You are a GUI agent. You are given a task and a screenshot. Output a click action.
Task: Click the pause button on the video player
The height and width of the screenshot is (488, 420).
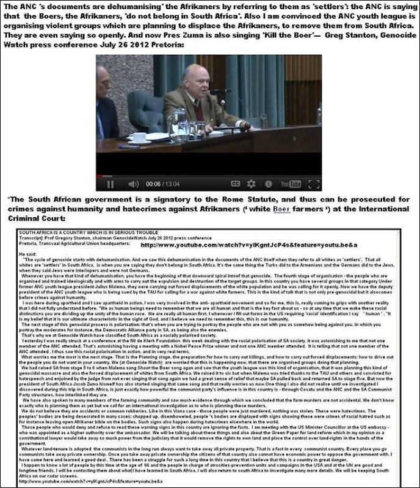coord(110,182)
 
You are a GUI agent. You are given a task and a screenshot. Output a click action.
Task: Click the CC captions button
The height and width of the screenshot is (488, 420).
coord(234,182)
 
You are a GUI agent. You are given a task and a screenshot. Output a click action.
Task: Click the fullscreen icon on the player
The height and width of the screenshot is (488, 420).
coord(314,182)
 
